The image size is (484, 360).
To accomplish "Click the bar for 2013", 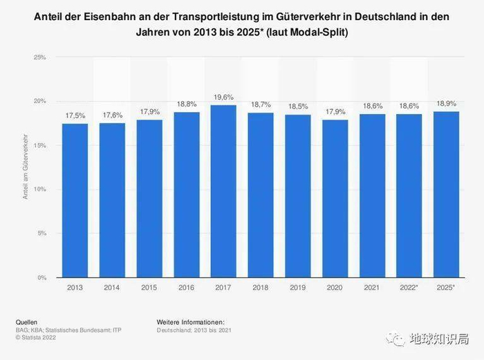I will [75, 200].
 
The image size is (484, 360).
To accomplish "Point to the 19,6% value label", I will [223, 98].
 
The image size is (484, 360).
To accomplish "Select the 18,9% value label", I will [446, 104].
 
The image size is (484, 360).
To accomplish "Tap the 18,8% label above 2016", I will [186, 105].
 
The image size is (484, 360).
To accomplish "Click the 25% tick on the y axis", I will [40, 57].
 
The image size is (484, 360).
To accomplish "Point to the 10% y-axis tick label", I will [40, 189].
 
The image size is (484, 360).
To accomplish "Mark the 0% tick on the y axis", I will [41, 278].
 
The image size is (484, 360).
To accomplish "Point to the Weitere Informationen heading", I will [190, 322].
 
